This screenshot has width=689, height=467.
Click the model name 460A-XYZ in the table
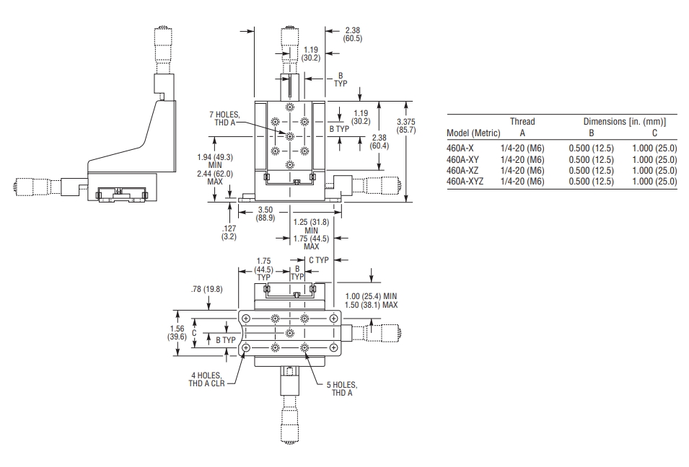tap(465, 182)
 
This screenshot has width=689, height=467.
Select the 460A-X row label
tap(460, 148)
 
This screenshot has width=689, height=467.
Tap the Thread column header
tap(522, 122)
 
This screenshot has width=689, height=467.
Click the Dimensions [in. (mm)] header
tap(624, 122)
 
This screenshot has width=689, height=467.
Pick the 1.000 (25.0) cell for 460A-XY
tap(654, 160)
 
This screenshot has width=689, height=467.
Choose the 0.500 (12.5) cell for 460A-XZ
tap(591, 170)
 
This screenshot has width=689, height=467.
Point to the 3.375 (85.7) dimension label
tap(405, 125)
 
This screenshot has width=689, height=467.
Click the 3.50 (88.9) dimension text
tap(265, 213)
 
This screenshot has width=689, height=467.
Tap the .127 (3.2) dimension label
tap(229, 232)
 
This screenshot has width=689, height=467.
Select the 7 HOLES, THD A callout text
tap(225, 119)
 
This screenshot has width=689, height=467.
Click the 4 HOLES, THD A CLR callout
tap(206, 379)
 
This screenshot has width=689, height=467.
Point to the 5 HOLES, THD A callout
tap(342, 389)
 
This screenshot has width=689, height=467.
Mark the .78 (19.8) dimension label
tap(206, 289)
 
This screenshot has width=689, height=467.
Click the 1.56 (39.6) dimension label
tap(177, 333)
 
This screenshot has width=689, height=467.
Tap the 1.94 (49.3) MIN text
tap(215, 161)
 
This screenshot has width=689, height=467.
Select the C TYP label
tap(319, 260)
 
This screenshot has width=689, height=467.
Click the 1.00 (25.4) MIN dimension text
tap(371, 296)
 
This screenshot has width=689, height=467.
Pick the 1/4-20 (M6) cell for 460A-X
tap(522, 148)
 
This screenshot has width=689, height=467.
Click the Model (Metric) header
tap(473, 133)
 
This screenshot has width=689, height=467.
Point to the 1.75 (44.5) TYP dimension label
tap(263, 269)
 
